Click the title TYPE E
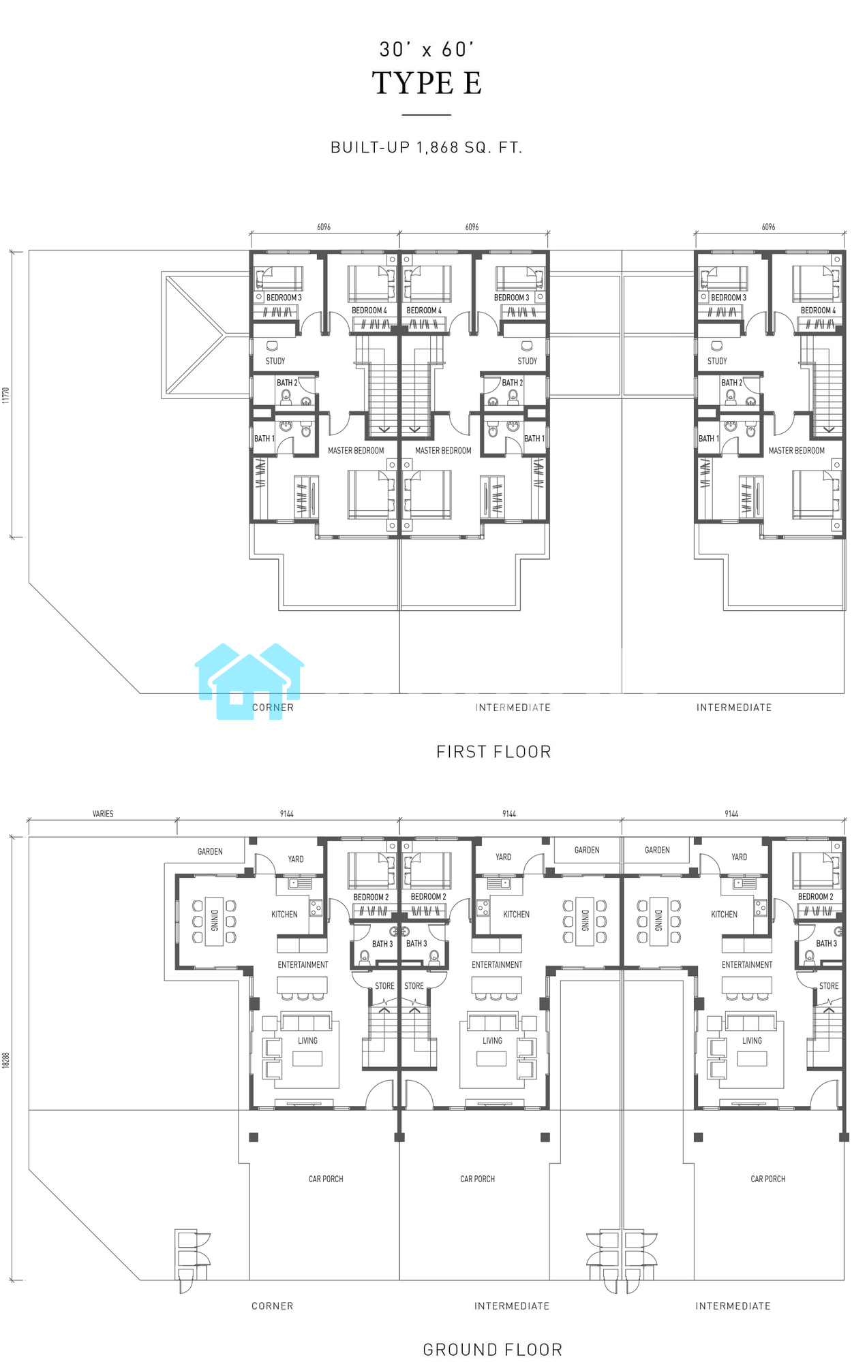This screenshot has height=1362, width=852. (427, 83)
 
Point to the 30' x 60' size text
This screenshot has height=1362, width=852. (427, 49)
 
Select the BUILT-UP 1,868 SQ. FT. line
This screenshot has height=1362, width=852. (427, 148)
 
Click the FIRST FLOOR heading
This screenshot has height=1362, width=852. (493, 752)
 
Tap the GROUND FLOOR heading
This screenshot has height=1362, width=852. (493, 1350)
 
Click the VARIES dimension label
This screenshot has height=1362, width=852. (103, 814)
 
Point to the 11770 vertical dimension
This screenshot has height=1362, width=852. (6, 395)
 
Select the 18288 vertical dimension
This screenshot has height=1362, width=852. (6, 1060)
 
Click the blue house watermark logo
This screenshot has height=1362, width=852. (249, 681)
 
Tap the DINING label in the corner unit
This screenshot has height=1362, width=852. (214, 921)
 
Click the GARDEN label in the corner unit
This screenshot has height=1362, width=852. (210, 851)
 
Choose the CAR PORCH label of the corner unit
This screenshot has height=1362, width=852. (326, 1179)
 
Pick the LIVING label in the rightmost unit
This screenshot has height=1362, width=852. (752, 1041)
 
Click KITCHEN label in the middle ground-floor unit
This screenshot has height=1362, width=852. (516, 915)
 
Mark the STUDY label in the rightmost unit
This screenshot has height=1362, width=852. (717, 361)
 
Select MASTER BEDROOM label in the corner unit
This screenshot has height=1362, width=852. (356, 450)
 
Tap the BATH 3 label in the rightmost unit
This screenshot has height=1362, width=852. (826, 943)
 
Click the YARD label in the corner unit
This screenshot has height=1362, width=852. (296, 859)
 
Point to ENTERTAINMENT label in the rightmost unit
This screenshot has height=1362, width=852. (747, 965)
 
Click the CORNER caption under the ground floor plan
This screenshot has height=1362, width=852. (273, 1306)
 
